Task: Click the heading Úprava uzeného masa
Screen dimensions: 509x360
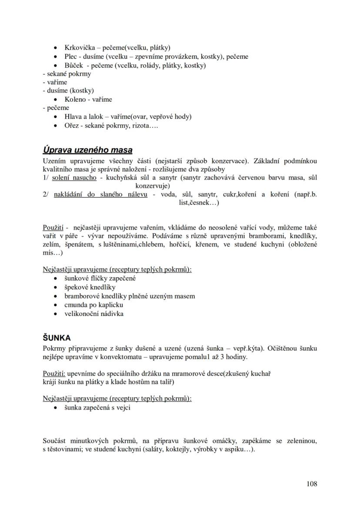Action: [87, 150]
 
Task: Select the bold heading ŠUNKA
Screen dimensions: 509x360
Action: [57, 338]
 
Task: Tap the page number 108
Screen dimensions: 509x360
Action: [311, 484]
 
